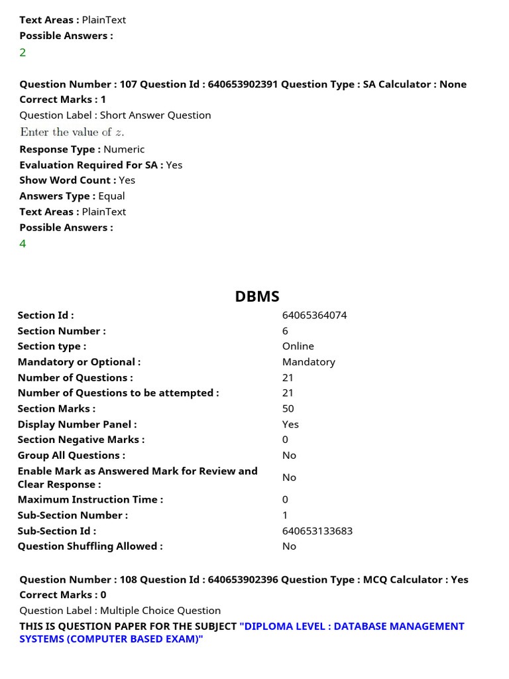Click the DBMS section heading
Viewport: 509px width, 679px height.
tap(257, 296)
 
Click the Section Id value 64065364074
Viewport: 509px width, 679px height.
tap(314, 315)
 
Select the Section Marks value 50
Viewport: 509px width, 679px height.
tap(288, 408)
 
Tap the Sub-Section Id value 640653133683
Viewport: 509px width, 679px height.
tap(317, 530)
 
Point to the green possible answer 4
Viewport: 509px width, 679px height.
tap(23, 243)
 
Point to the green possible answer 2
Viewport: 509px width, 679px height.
tap(23, 52)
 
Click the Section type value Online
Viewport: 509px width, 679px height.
tap(298, 346)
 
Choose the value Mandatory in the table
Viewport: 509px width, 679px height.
tap(308, 362)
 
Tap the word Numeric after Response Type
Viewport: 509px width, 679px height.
tap(124, 149)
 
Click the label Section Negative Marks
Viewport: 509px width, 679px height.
tap(81, 440)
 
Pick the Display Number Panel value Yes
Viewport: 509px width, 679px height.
tap(290, 424)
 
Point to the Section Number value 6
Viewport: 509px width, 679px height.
tap(285, 331)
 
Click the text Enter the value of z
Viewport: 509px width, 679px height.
tap(72, 132)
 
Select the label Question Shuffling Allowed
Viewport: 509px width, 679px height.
tap(90, 546)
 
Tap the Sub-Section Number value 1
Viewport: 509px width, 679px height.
tap(285, 515)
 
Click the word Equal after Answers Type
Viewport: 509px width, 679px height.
tap(111, 196)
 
